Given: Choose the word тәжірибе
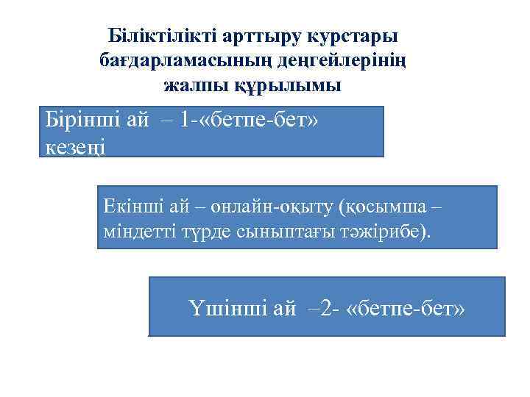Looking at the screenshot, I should pos(385,232).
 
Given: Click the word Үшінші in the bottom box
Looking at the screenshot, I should pos(225,308).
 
